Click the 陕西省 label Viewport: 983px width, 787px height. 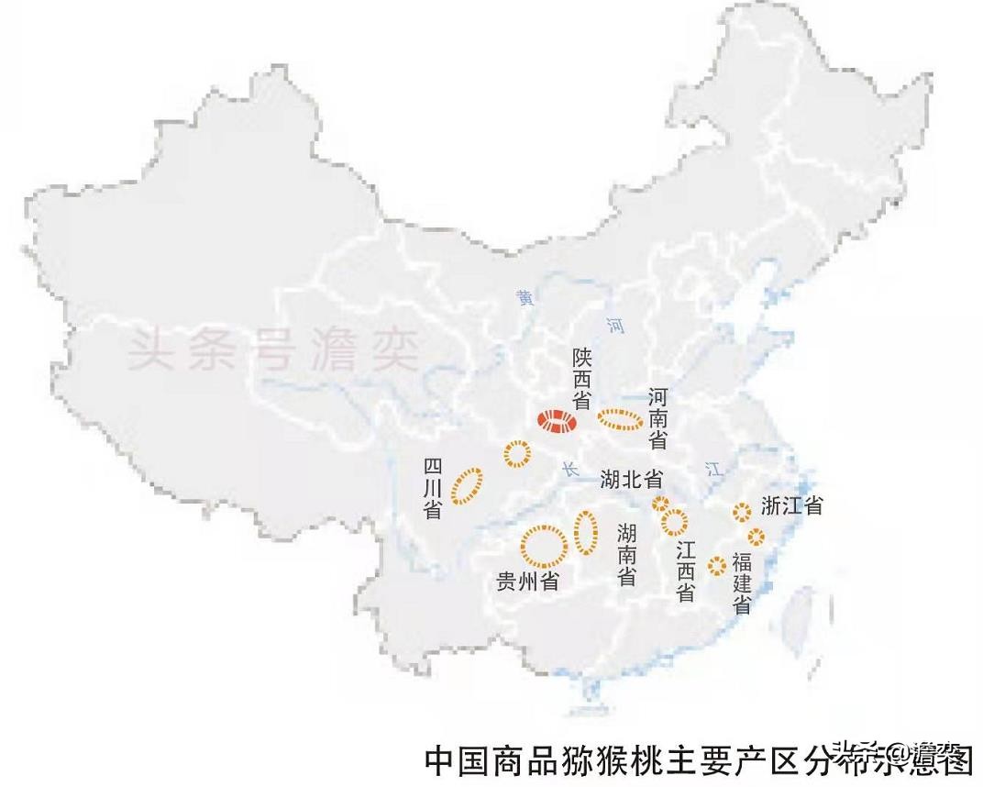coord(580,378)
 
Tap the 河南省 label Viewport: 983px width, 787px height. coord(657,418)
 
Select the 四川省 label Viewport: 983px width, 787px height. coord(433,489)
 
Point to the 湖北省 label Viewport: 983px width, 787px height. coord(632,478)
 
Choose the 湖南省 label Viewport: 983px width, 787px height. coord(627,554)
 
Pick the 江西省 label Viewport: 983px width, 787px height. coord(685,571)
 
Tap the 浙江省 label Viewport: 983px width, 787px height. coord(791,504)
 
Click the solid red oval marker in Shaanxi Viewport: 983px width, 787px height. coord(557,421)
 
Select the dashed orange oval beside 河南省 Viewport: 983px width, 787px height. coord(620,420)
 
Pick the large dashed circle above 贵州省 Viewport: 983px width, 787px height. coord(543,545)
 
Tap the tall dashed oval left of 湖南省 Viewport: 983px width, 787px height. coord(586,532)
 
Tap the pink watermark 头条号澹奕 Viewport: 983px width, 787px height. coord(272,349)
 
